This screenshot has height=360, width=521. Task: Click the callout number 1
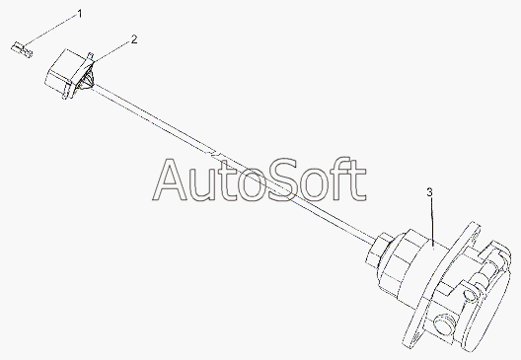tap(80, 14)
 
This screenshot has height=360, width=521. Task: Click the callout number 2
tap(134, 39)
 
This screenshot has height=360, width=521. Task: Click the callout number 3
tap(430, 192)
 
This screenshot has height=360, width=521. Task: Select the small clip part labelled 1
tap(22, 50)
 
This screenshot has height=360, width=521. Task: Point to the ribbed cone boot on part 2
tap(87, 80)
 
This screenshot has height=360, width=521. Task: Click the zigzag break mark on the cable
tap(213, 153)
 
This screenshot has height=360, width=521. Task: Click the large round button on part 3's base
tap(444, 323)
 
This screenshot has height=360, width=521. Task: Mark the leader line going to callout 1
tap(50, 31)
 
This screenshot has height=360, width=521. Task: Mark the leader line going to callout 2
tap(112, 52)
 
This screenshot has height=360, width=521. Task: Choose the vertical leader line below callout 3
tap(431, 222)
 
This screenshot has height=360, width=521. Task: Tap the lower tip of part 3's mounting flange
tap(407, 344)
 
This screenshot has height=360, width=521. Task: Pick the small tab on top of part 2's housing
tap(90, 55)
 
